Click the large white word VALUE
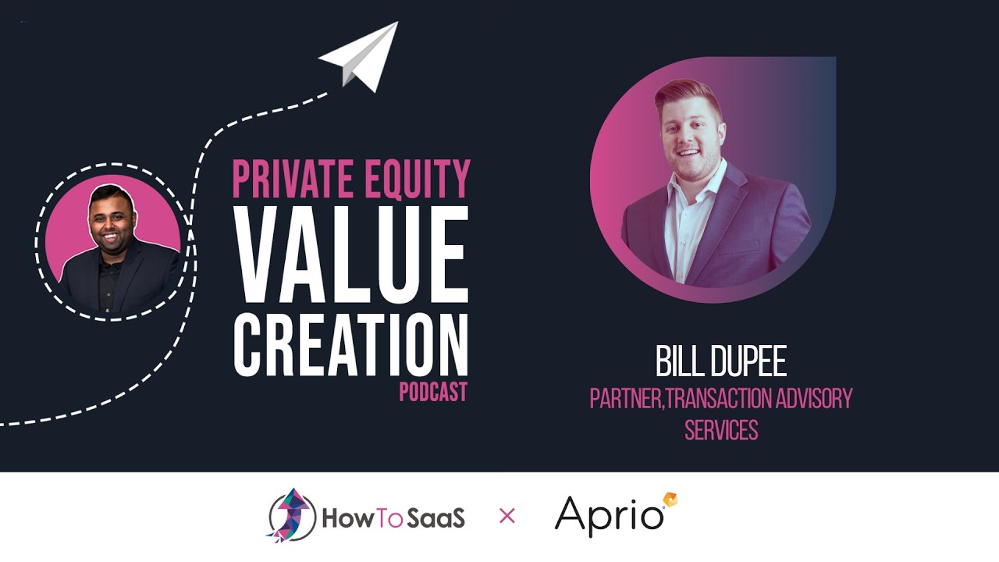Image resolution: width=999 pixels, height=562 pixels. [x=351, y=254]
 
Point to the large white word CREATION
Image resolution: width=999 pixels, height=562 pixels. [x=351, y=345]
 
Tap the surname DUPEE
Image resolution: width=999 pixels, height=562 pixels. [x=748, y=361]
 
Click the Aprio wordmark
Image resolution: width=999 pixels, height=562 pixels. [x=609, y=516]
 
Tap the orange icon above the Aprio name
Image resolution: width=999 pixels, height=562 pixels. [x=670, y=499]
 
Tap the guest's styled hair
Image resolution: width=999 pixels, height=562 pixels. [x=687, y=95]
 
